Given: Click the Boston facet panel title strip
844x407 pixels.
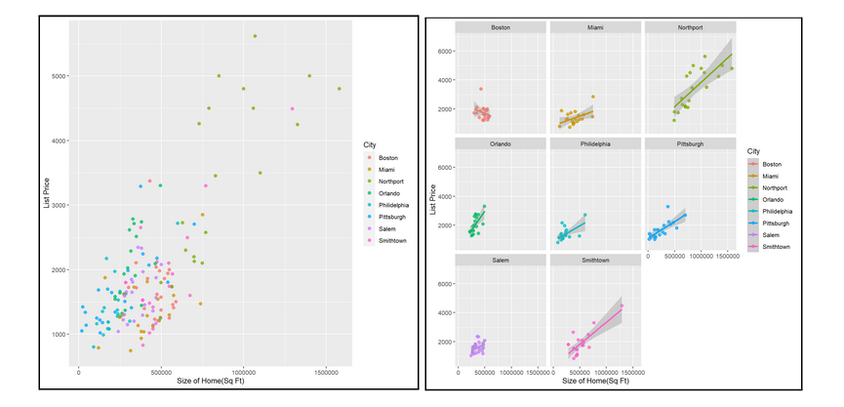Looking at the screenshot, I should click(x=501, y=27).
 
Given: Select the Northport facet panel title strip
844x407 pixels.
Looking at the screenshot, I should click(x=690, y=27).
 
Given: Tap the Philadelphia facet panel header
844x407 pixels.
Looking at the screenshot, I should click(x=595, y=144).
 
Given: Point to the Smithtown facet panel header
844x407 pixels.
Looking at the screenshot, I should click(x=595, y=261).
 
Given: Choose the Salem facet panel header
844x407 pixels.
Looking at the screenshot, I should click(x=501, y=261).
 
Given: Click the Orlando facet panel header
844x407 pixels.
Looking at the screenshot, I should click(x=501, y=144).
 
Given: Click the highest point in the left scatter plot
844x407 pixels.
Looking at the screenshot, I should click(x=255, y=36).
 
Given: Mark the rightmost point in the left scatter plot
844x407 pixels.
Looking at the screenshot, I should click(x=340, y=89).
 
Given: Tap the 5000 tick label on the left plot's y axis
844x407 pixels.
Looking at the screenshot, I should click(x=60, y=75).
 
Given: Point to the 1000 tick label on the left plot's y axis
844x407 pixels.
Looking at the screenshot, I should click(x=60, y=334).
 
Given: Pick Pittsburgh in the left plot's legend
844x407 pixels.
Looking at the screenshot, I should click(x=388, y=218).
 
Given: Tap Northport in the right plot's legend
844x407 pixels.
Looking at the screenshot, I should click(x=777, y=187).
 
